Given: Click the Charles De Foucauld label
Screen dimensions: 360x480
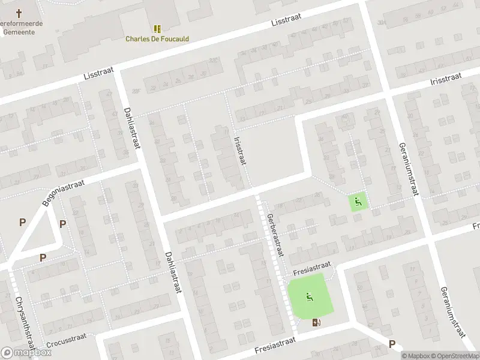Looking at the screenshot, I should tap(157, 39).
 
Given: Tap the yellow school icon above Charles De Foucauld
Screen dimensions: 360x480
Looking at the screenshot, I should tap(157, 28).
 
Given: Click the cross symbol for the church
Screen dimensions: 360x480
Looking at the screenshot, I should tap(19, 13).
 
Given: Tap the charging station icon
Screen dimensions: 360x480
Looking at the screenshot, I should tap(317, 322).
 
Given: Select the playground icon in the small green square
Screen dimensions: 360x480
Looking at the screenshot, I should tap(358, 202).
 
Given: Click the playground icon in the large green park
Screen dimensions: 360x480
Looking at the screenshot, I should tap(310, 296).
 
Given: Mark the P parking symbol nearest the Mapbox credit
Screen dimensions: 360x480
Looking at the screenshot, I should tap(392, 344).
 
